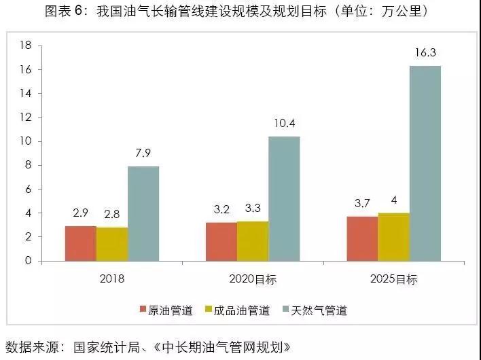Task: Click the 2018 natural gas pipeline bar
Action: pyautogui.click(x=143, y=213)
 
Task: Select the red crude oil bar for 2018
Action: pyautogui.click(x=80, y=243)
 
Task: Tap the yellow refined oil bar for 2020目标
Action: pyautogui.click(x=253, y=240)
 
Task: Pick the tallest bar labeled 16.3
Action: pyautogui.click(x=425, y=163)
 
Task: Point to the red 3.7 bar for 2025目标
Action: pyautogui.click(x=362, y=238)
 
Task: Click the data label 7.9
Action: pyautogui.click(x=143, y=154)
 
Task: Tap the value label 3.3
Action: pyautogui.click(x=253, y=209)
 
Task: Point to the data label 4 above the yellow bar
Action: pyautogui.click(x=394, y=200)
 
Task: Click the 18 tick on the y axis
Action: pyautogui.click(x=26, y=46)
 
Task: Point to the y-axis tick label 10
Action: pyautogui.click(x=26, y=141)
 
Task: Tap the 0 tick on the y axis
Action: pyautogui.click(x=29, y=261)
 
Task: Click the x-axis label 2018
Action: pyautogui.click(x=111, y=278)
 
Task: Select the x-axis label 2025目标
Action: pyautogui.click(x=394, y=278)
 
